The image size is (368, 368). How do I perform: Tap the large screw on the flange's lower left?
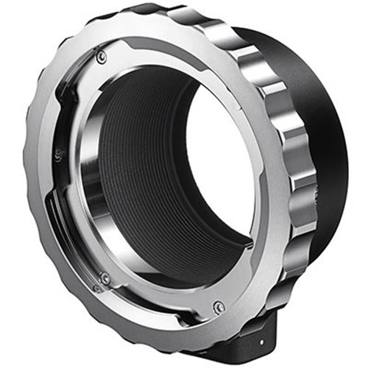point(105,278)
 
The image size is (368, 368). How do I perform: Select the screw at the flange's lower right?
point(219,307)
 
